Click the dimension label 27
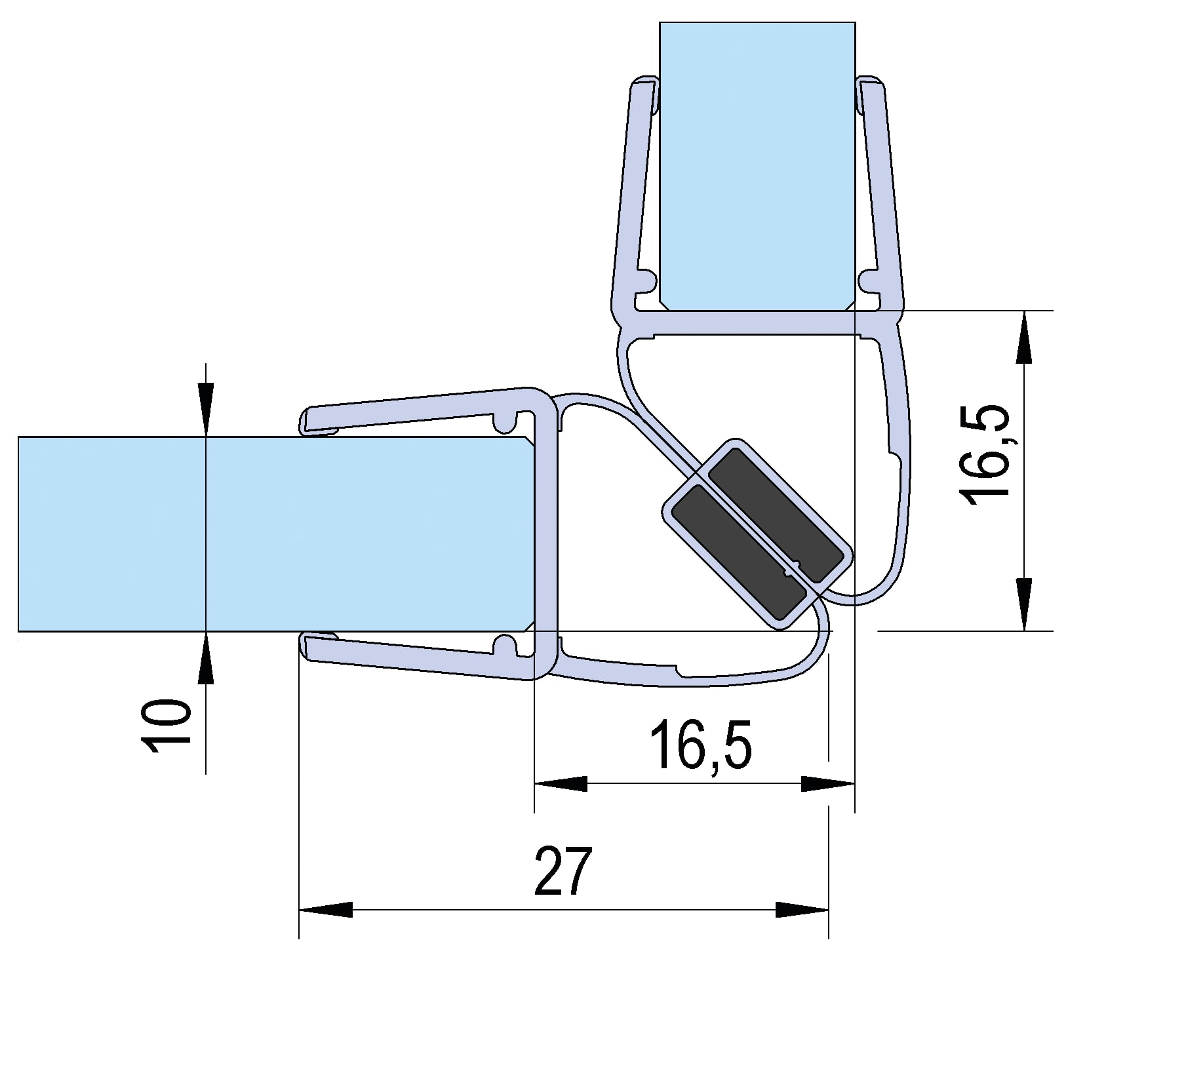(563, 871)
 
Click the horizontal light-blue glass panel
(275, 534)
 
